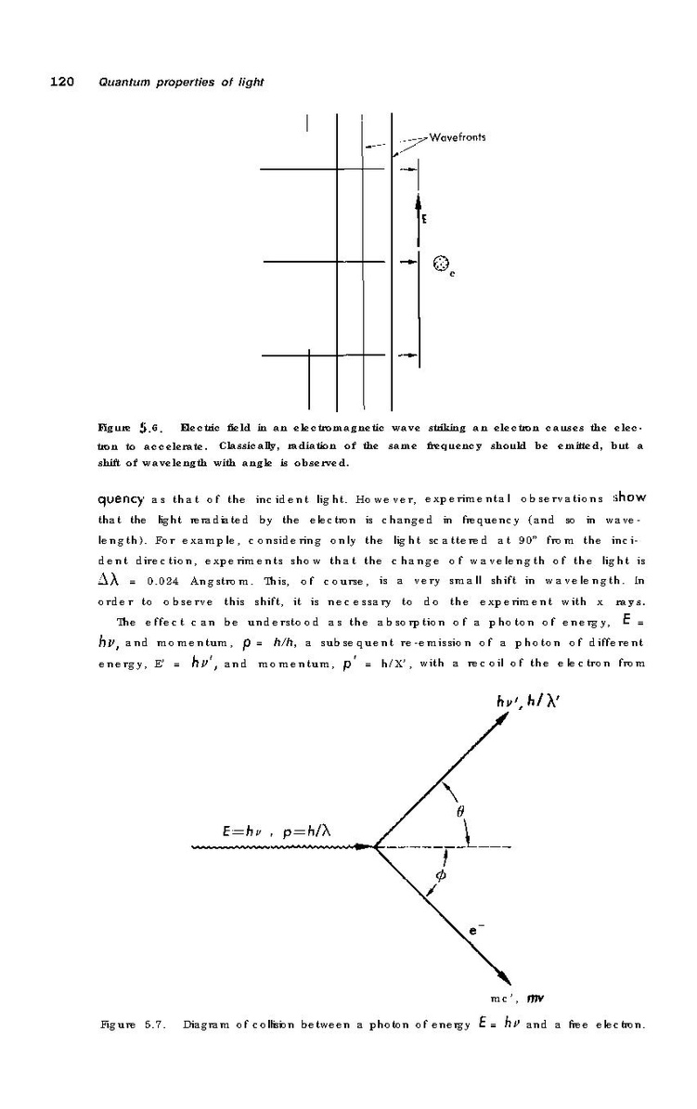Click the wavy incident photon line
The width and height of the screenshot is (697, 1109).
pyautogui.click(x=278, y=846)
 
